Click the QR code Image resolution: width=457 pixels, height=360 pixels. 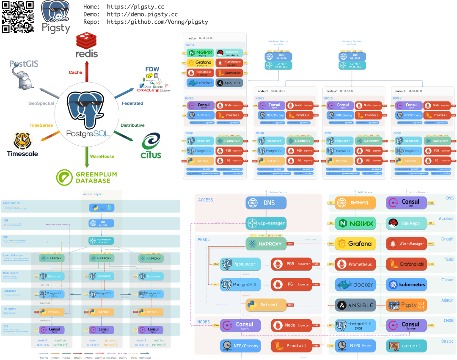pyautogui.click(x=18, y=17)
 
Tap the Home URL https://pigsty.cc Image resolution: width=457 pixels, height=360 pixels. pyautogui.click(x=135, y=7)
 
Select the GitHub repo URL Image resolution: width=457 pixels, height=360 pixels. pyautogui.click(x=157, y=22)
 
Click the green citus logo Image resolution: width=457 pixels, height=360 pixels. pyautogui.click(x=151, y=146)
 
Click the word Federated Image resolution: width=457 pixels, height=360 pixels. pyautogui.click(x=132, y=103)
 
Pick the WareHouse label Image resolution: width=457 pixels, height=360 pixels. pyautogui.click(x=102, y=156)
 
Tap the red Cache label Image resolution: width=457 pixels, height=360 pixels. pyautogui.click(x=75, y=72)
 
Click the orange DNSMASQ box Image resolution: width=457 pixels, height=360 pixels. pyautogui.click(x=355, y=203)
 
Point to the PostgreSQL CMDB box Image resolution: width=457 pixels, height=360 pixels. pyautogui.click(x=355, y=325)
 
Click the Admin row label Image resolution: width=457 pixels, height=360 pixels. pyautogui.click(x=447, y=300)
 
